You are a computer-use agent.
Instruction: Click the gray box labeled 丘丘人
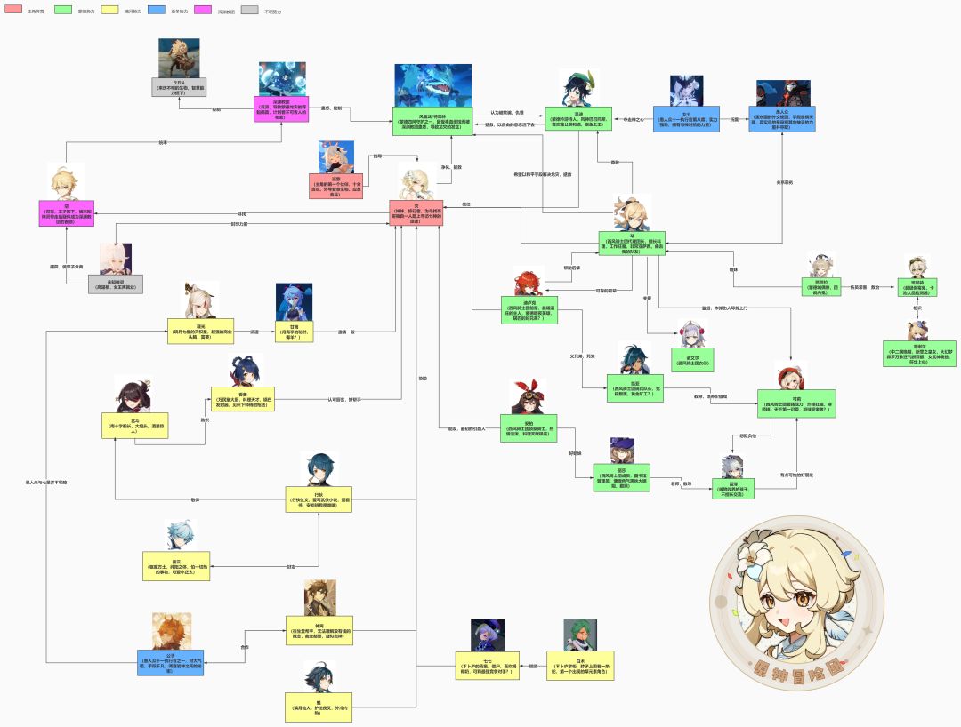click(x=179, y=87)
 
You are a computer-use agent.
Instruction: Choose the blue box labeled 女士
click(x=685, y=119)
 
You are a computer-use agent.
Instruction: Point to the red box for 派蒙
click(x=336, y=186)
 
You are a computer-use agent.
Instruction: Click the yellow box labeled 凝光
click(x=201, y=331)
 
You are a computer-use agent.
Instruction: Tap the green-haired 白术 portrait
click(x=580, y=635)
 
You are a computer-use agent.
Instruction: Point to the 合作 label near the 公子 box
click(x=245, y=647)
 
